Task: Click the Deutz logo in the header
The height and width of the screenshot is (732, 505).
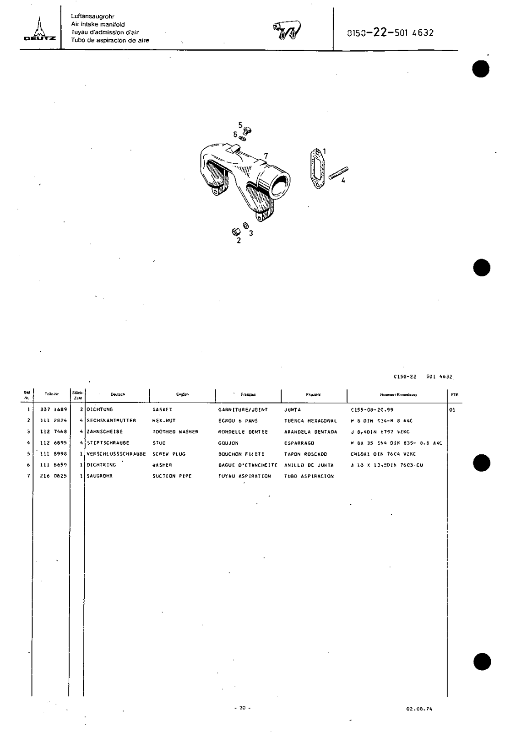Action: (x=40, y=30)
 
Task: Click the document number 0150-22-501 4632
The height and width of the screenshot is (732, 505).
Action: (x=390, y=32)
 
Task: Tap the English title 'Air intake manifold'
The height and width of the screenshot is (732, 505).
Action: (x=98, y=24)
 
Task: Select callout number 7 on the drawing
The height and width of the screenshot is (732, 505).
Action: (x=266, y=156)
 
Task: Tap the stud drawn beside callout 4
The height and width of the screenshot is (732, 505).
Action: (x=338, y=173)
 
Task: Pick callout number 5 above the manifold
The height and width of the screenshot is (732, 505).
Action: (x=239, y=124)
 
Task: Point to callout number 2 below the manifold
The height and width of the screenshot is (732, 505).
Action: (x=239, y=241)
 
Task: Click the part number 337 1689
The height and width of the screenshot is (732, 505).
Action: (x=54, y=409)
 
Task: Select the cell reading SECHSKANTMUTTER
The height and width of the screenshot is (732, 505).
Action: (x=112, y=420)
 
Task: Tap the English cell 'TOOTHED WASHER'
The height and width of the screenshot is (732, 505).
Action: (x=175, y=432)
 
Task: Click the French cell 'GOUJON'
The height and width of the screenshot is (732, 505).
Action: (x=228, y=443)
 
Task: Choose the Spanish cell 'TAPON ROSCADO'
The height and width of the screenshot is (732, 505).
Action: (x=305, y=454)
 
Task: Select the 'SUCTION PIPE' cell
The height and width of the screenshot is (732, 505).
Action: (x=172, y=476)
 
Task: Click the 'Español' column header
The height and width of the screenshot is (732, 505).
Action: (x=313, y=394)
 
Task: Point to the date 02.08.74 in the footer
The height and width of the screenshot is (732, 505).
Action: (x=419, y=709)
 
